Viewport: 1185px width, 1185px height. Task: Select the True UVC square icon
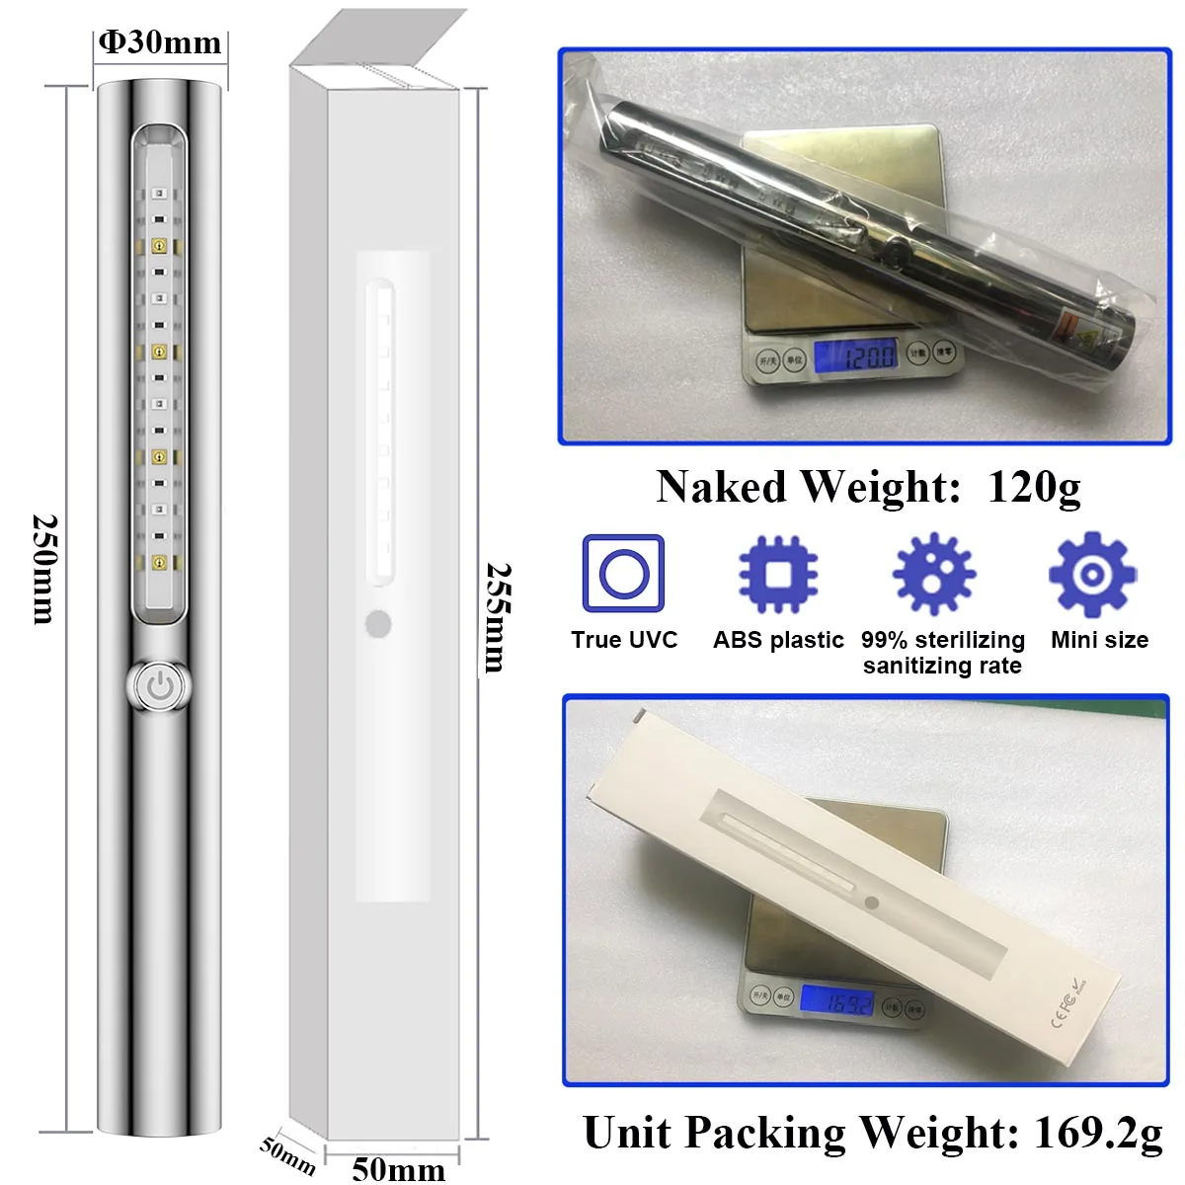pos(623,574)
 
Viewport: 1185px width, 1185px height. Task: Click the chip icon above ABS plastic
pos(778,574)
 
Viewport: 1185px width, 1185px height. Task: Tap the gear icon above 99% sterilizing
pos(934,574)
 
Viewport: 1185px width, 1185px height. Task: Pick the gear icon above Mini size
pos(1092,574)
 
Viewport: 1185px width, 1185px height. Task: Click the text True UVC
pos(624,640)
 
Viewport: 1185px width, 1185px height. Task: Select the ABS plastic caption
pos(778,640)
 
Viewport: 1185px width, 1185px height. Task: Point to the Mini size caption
pos(1099,640)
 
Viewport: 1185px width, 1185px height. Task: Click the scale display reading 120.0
pos(857,355)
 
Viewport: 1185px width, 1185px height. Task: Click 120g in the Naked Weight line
pos(1034,486)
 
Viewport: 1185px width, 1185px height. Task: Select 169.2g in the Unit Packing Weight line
pos(1098,1133)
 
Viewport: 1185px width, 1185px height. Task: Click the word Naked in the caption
pos(723,486)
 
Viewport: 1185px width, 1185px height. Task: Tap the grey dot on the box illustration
pos(378,624)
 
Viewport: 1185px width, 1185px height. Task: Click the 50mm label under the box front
pos(398,1169)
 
